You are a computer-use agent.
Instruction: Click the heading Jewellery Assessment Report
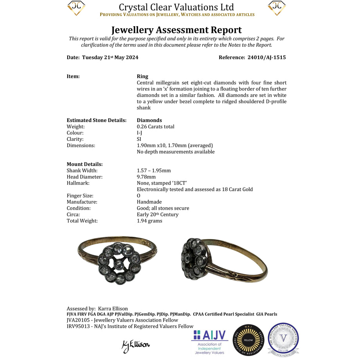(176, 30)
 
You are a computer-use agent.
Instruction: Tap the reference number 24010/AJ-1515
(266, 58)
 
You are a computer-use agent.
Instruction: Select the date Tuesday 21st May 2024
(110, 58)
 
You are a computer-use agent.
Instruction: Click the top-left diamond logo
(76, 8)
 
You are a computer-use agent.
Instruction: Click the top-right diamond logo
(277, 8)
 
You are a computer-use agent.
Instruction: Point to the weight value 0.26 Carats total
(156, 127)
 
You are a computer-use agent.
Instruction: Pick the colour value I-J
(139, 133)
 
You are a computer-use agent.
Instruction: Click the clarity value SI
(139, 139)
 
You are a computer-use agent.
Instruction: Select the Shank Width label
(82, 171)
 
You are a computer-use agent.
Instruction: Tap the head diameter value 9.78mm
(147, 177)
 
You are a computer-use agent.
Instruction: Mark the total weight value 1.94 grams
(149, 221)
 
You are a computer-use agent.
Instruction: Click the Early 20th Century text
(158, 214)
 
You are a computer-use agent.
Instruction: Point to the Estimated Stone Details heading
(97, 121)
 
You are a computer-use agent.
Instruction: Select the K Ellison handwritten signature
(136, 345)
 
